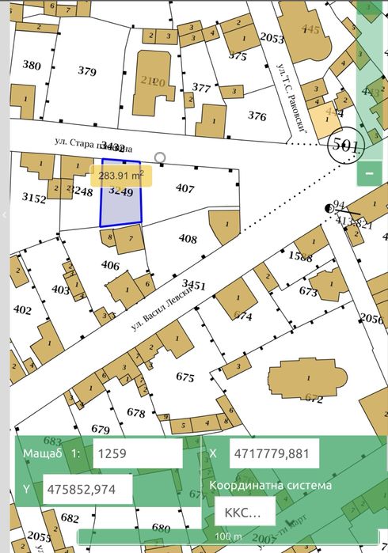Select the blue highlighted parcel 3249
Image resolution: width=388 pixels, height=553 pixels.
click(120, 207)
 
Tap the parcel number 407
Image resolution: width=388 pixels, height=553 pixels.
click(184, 188)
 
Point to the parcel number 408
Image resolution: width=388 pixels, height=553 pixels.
click(188, 238)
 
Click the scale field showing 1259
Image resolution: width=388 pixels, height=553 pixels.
click(136, 454)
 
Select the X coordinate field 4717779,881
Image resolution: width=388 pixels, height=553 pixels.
click(274, 454)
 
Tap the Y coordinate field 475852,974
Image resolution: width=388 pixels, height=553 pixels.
click(88, 490)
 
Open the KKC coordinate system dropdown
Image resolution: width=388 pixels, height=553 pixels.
click(244, 512)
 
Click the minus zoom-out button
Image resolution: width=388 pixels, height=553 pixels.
click(369, 172)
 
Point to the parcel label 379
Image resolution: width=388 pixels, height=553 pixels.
click(87, 71)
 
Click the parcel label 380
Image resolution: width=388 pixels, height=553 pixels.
click(32, 65)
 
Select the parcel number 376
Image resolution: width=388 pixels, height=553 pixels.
click(257, 116)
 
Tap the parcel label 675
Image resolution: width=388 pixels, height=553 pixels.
click(184, 377)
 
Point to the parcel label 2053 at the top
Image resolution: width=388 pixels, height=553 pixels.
click(272, 38)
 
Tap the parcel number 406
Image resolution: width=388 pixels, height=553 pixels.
click(111, 265)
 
